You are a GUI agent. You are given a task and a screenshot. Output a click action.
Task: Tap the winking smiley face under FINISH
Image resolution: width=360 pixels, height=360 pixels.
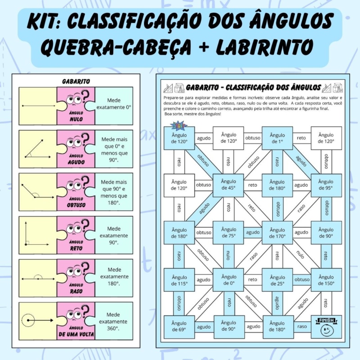[327, 331]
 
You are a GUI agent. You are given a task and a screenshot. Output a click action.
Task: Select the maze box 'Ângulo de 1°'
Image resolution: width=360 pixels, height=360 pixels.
[277, 138]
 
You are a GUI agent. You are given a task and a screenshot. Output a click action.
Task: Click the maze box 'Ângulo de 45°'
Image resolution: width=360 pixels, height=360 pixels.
[228, 185]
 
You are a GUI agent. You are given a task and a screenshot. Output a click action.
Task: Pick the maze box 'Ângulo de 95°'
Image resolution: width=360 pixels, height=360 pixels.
[326, 185]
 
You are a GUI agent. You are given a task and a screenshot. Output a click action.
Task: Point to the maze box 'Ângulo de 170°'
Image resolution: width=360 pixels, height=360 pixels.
[277, 233]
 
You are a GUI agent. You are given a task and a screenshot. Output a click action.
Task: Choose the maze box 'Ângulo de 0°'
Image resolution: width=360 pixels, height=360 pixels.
[228, 280]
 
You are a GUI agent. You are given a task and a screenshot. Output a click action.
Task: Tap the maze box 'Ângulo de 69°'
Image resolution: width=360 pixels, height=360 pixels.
[179, 327]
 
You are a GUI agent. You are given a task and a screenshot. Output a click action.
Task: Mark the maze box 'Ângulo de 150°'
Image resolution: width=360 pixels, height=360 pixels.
[326, 280]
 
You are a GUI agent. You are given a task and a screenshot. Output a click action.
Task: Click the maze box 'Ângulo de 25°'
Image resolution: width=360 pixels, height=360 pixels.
[277, 280]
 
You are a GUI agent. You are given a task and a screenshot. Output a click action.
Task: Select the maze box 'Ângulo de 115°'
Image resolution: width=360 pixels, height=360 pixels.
[179, 280]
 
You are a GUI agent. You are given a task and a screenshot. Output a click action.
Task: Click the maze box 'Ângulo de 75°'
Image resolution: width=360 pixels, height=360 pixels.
[228, 233]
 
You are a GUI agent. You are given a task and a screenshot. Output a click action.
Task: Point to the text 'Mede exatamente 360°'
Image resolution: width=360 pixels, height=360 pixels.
[113, 321]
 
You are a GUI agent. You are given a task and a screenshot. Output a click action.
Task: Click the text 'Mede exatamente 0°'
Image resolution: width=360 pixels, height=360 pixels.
[114, 104]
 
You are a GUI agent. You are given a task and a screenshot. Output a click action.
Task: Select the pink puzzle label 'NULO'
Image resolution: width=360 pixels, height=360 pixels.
[76, 119]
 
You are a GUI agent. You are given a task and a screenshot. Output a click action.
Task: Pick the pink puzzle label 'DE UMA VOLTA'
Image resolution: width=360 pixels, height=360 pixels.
[76, 334]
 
